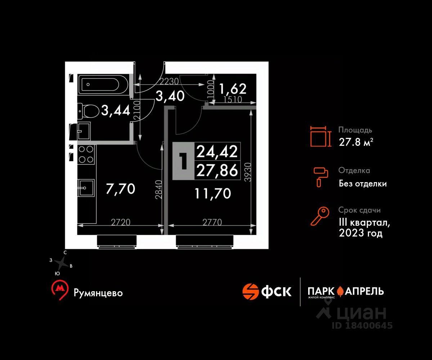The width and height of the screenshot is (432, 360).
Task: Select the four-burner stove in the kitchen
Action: point(86,154)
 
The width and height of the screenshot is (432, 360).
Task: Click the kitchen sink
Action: point(86,188)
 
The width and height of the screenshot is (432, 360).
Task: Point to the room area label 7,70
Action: point(120,189)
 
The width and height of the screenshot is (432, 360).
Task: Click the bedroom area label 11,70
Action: point(213,194)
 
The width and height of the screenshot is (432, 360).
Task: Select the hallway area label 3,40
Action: point(170,96)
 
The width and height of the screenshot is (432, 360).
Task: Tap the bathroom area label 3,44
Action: point(116,111)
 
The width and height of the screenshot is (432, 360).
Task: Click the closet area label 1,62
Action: point(233,89)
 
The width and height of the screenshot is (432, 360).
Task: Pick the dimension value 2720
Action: point(121,222)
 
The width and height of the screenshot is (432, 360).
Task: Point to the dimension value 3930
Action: point(248,172)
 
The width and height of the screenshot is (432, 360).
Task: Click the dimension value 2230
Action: point(169,81)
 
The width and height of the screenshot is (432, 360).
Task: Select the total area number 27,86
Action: point(217,170)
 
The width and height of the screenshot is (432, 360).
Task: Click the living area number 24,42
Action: point(217,152)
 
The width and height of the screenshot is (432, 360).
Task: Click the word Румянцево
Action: point(98,293)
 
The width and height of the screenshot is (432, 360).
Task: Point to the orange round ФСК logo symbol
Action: point(251,292)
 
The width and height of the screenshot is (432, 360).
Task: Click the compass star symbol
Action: point(62,263)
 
